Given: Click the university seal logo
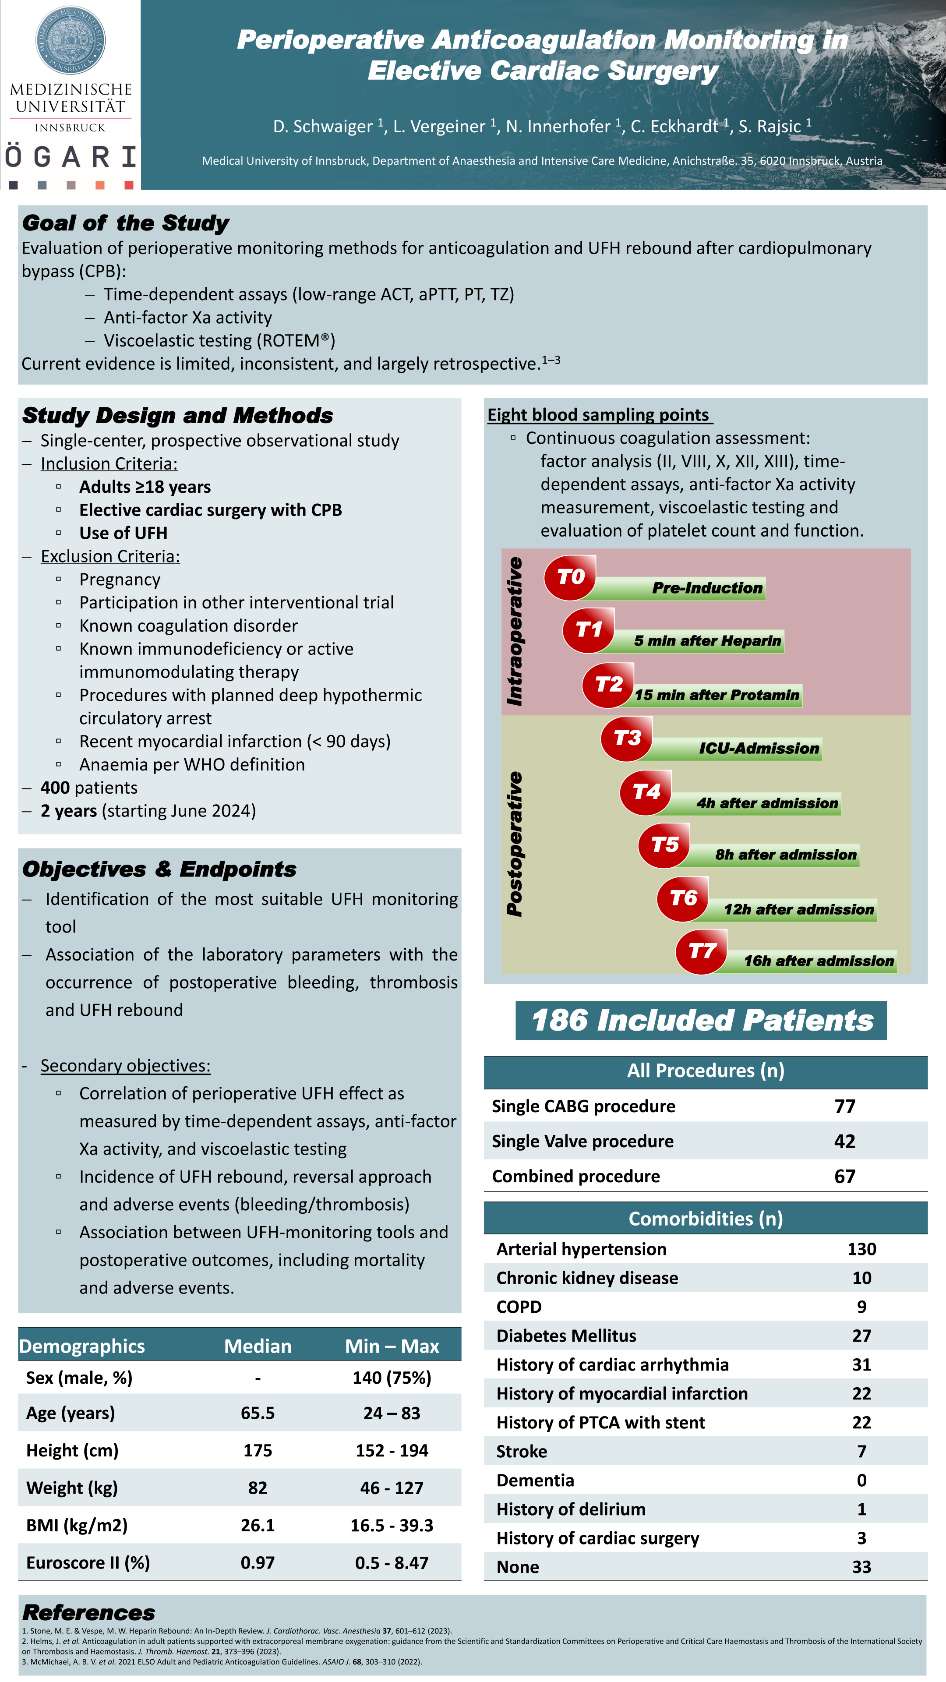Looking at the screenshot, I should (70, 40).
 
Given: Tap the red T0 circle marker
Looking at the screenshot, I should (570, 577).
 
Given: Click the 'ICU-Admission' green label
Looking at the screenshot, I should (759, 748).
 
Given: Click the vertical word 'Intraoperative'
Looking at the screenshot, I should (515, 631).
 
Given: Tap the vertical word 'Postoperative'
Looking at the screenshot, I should (515, 844).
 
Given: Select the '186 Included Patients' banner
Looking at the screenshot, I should (701, 1020).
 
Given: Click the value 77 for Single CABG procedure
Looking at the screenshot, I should (844, 1106).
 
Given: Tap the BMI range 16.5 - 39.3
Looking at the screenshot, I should (392, 1525).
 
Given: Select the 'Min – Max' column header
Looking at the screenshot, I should (392, 1346).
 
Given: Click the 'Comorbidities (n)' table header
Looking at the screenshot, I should (705, 1219).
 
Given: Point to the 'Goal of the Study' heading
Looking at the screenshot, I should (125, 223).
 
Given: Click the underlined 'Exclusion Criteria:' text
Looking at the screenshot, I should (109, 556).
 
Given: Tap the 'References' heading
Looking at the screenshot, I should (89, 1613).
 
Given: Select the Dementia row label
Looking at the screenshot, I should (535, 1480).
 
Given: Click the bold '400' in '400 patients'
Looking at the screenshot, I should (55, 788).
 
